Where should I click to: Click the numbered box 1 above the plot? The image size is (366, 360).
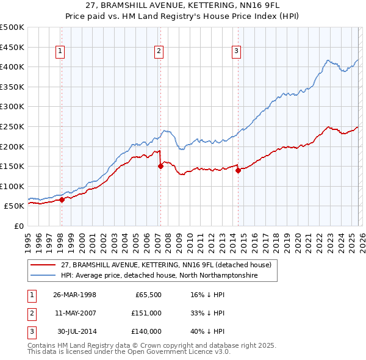(x=61, y=52)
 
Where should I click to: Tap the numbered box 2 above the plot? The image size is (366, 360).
(x=158, y=52)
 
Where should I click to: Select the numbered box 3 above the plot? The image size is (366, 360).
(x=235, y=52)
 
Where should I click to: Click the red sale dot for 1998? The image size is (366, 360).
(x=62, y=200)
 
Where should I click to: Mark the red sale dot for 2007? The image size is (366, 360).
(x=160, y=165)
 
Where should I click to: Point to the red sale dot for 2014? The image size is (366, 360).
(x=238, y=170)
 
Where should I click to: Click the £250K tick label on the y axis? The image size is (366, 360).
(x=12, y=126)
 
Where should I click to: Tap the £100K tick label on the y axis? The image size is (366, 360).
(x=12, y=186)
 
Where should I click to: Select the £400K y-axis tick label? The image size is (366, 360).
(x=12, y=67)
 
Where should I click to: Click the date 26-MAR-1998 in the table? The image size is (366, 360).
(x=74, y=294)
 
